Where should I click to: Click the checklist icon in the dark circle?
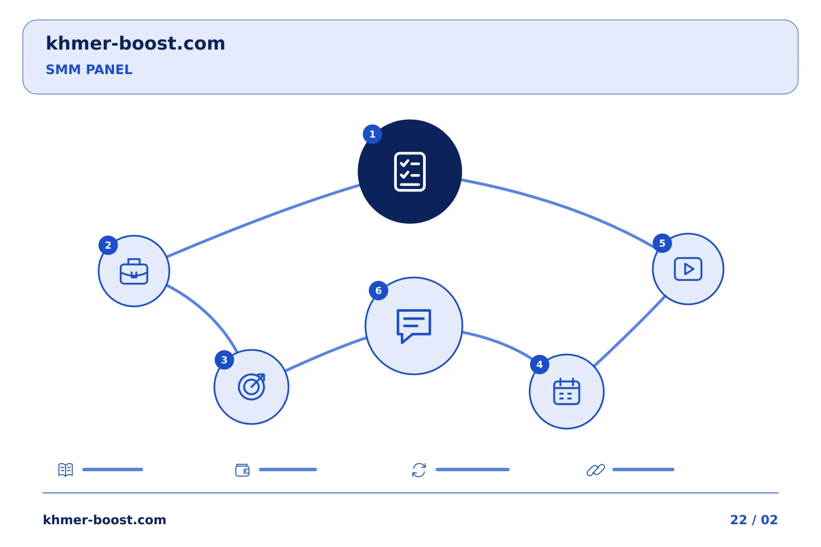coord(410,172)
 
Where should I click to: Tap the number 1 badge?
coord(372,134)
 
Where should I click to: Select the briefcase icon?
coord(134,271)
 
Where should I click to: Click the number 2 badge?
coord(108,245)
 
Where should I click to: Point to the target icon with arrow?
coord(251,386)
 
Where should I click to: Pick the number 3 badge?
coord(224,360)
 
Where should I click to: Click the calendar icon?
coord(566,391)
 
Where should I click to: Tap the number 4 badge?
coord(539,365)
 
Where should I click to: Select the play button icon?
coord(688,269)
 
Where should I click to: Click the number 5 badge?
coord(663,243)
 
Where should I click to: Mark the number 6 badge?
coord(379,291)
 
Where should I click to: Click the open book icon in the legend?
coord(66,470)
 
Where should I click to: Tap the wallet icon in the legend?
coord(242,470)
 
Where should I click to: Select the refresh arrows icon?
coord(419,470)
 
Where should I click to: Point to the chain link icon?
coord(596,470)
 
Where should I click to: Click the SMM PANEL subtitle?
coord(89,70)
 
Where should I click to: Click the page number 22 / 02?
coord(754,520)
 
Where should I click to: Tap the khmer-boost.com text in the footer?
coord(104,520)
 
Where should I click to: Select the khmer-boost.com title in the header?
coord(135,43)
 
